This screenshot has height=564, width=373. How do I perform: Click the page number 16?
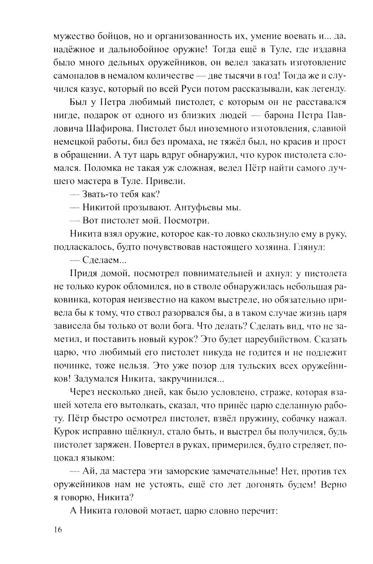click(58, 530)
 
